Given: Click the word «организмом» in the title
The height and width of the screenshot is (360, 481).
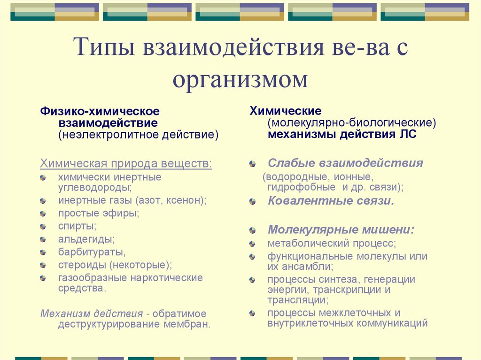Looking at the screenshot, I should pos(240,79).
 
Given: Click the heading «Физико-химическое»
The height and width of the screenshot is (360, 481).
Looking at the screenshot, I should pos(100,111).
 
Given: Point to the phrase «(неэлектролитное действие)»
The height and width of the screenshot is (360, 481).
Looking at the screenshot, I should pos(139,135).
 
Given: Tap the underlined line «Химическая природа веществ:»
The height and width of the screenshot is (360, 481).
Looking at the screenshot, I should pos(126,164).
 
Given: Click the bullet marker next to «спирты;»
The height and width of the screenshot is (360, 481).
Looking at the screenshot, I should pos(43,226).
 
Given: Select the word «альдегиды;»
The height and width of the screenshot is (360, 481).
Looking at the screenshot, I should pos(86,239).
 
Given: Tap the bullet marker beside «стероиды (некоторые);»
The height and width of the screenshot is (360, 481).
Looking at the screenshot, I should pos(43,265).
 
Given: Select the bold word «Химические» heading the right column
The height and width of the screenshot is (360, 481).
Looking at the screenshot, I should pos(285,111).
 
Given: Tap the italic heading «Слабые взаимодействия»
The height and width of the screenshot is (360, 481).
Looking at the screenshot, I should pos(345,163).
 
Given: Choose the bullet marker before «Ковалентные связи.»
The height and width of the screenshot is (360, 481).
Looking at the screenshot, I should pos(253,201).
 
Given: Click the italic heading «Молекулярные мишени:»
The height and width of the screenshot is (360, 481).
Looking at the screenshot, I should pos(341,230).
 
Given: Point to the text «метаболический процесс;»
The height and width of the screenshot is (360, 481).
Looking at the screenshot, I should pos(332,244).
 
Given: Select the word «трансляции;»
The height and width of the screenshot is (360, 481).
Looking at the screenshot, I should pos(298,299).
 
